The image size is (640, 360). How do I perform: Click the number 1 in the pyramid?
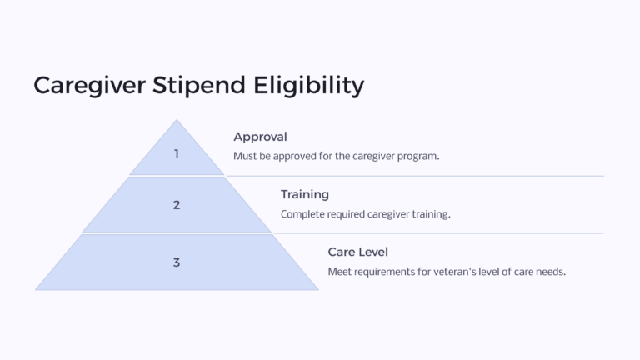177,153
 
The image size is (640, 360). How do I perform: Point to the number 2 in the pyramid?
177,205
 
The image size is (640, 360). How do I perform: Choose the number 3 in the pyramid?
177,262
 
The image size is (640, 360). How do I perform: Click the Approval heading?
260,137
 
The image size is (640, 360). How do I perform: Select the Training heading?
305,194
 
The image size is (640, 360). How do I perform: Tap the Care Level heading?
358,252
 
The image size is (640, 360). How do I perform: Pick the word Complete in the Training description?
303,214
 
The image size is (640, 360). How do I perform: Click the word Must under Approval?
247,157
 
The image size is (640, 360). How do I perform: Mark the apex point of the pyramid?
177,120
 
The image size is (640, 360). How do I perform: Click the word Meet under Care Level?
341,272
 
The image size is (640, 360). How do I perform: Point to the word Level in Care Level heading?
373,252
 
